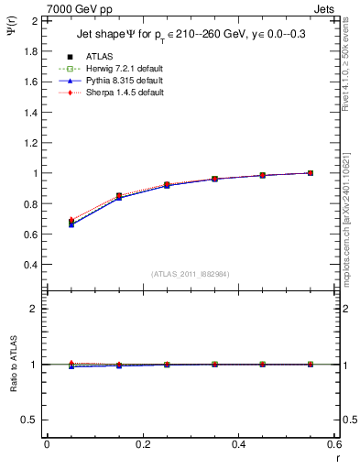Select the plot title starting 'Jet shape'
(190, 36)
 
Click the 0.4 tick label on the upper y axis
(30, 265)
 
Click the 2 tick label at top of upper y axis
(35, 20)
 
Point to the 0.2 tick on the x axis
(142, 444)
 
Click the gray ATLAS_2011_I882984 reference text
(190, 274)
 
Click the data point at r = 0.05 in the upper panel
(71, 223)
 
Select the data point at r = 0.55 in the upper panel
(311, 173)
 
